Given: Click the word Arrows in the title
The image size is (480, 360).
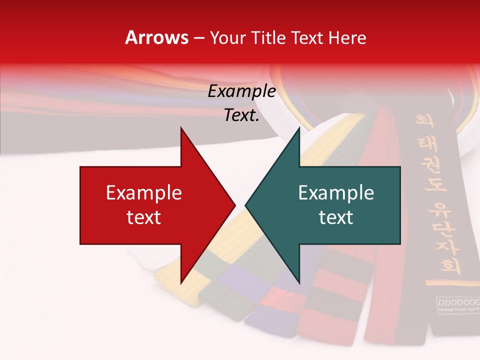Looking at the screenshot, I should [x=156, y=38].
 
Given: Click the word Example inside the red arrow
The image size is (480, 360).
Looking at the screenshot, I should [x=144, y=193].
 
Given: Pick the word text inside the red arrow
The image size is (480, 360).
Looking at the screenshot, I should [x=144, y=217].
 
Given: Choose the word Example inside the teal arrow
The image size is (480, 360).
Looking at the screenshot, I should [x=336, y=193].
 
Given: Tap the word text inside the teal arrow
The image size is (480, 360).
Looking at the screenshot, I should [x=336, y=217].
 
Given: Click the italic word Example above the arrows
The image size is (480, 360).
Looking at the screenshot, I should [x=242, y=91].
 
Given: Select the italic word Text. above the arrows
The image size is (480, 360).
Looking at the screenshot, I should [x=242, y=115].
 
